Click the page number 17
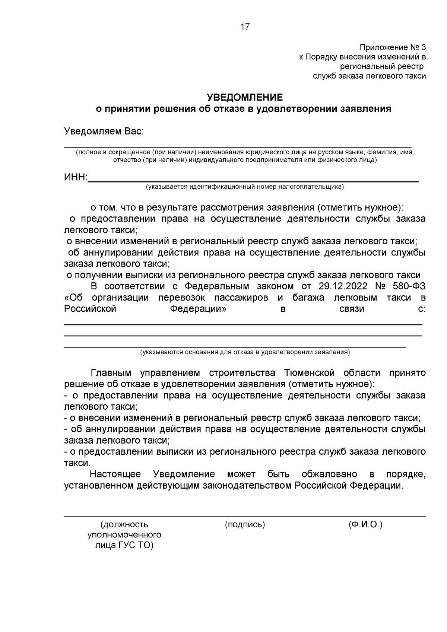click(x=245, y=27)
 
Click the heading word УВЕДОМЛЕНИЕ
click(x=245, y=98)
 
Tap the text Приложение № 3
click(x=392, y=48)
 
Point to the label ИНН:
click(x=76, y=177)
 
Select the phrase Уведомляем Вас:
click(x=104, y=131)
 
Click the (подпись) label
click(x=245, y=524)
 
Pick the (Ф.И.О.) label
click(x=365, y=524)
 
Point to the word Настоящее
click(x=115, y=474)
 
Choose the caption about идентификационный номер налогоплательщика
click(x=245, y=187)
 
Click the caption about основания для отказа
click(x=245, y=352)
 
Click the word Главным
click(x=111, y=373)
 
